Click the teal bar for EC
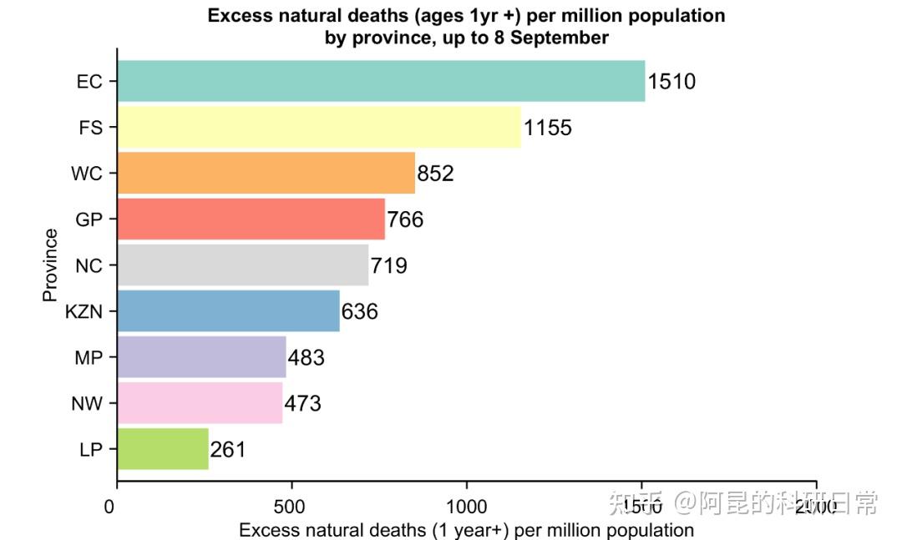coord(381,81)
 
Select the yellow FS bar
coord(318,128)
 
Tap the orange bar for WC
coord(266,174)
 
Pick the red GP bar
coord(251,220)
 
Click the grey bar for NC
coord(242,265)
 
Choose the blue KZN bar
coord(228,311)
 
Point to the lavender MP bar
coord(201,357)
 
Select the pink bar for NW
coord(200,403)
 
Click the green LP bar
coord(163,449)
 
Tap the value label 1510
coord(671,82)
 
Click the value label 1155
coord(548,128)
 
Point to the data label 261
coord(228,450)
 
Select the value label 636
coord(360,312)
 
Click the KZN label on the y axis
coord(84,312)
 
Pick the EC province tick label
coord(89,82)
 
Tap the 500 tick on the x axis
coord(290,507)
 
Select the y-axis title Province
coord(51,265)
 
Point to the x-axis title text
coord(466,530)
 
